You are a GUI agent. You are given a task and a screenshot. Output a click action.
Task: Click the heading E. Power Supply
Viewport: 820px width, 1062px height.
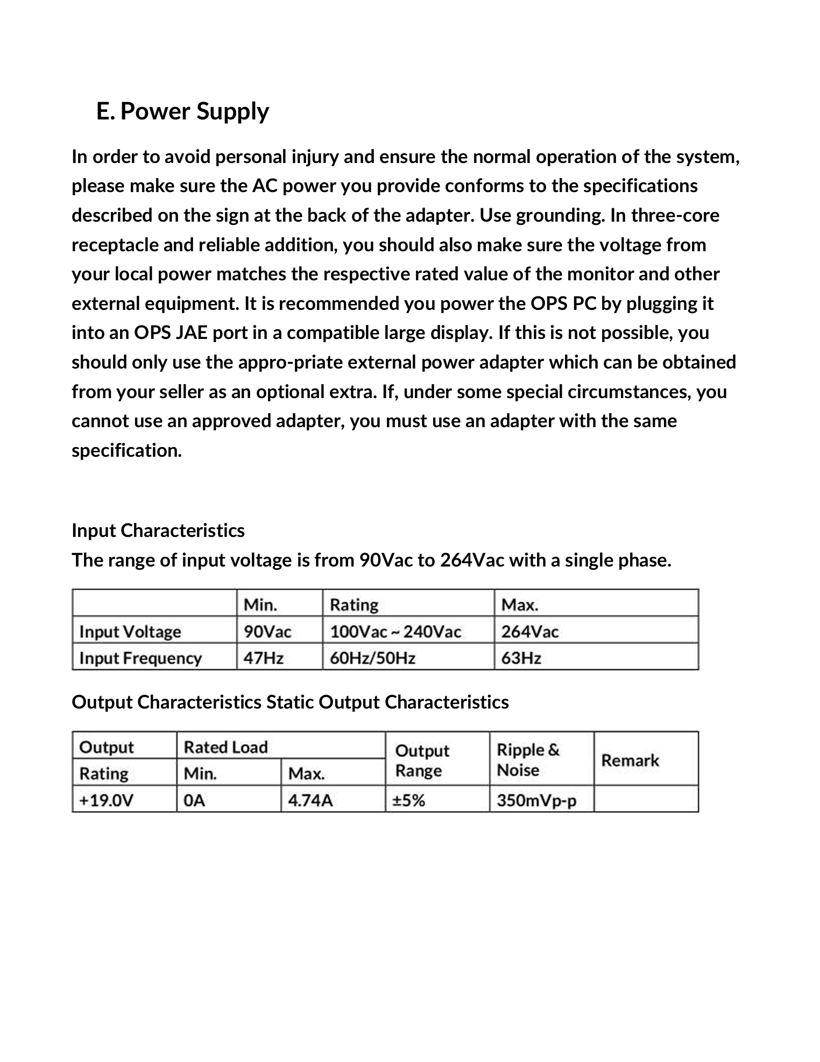coord(182,111)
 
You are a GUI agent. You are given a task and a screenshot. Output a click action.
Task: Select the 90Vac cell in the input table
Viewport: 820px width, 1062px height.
coord(267,631)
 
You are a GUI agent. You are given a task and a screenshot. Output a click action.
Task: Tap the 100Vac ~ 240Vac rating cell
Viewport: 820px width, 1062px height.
coord(395,631)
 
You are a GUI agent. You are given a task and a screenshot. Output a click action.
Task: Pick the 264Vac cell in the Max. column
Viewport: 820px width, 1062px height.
coord(530,631)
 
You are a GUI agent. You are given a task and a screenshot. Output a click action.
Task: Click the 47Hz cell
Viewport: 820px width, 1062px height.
coord(264,657)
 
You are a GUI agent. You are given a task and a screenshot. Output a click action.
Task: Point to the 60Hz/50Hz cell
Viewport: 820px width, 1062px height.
coord(372,657)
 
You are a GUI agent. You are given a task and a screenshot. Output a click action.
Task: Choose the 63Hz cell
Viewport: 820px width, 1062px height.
coord(521,657)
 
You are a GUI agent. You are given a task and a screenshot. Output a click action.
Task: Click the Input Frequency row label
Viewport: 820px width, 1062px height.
coord(140,657)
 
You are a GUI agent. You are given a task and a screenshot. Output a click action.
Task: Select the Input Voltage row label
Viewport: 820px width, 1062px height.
coord(130,631)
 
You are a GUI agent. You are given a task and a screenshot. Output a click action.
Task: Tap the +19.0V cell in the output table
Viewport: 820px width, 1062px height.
coord(106,801)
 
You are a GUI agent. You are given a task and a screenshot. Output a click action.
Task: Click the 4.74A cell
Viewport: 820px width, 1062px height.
coord(310,801)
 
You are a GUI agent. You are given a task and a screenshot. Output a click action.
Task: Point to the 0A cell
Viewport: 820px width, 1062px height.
coord(195,801)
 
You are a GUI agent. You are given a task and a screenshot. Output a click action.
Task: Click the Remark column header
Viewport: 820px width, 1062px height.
coord(630,760)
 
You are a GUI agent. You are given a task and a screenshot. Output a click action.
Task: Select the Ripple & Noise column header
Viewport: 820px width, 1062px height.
coord(528,760)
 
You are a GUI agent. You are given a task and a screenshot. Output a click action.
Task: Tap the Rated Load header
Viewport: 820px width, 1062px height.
coord(225,747)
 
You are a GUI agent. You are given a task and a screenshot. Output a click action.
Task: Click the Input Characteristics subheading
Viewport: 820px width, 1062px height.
coord(158,530)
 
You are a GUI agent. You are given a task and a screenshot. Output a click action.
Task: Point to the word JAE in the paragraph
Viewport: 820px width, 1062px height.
coord(192,332)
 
